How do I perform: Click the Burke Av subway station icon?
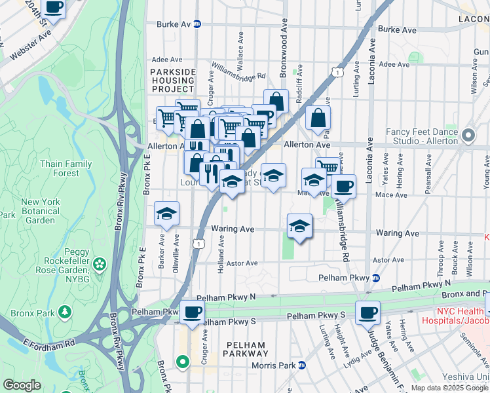197,25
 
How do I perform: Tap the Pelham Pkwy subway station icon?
375,278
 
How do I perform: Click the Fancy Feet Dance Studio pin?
468,136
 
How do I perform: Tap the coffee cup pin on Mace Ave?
343,187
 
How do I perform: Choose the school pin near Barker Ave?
167,214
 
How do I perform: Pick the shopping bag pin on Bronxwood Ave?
276,102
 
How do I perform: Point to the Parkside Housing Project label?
173,80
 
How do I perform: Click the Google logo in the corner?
22,385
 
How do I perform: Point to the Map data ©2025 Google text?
449,388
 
